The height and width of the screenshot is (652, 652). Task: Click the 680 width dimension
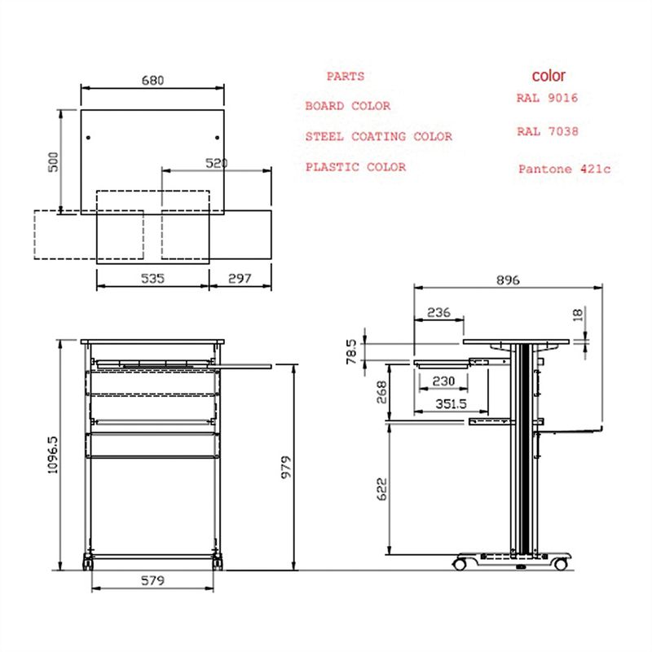tap(152, 80)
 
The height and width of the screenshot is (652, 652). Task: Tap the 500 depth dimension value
tap(54, 161)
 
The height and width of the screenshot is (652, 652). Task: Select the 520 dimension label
tap(217, 163)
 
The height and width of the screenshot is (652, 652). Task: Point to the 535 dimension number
tap(152, 278)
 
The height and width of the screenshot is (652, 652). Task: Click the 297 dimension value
tap(240, 278)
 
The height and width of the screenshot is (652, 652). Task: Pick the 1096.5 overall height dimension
tap(53, 455)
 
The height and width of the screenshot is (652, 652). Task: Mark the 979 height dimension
tap(286, 467)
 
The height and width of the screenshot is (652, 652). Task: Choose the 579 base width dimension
tap(152, 580)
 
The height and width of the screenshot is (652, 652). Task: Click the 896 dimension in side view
tap(508, 280)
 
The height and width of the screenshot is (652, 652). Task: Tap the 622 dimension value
tap(381, 489)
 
